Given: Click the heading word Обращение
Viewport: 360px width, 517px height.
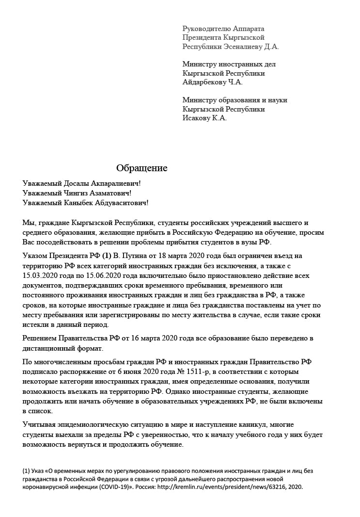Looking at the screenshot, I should pyautogui.click(x=141, y=168).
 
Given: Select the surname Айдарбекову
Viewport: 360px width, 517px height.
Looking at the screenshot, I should pyautogui.click(x=204, y=82).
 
